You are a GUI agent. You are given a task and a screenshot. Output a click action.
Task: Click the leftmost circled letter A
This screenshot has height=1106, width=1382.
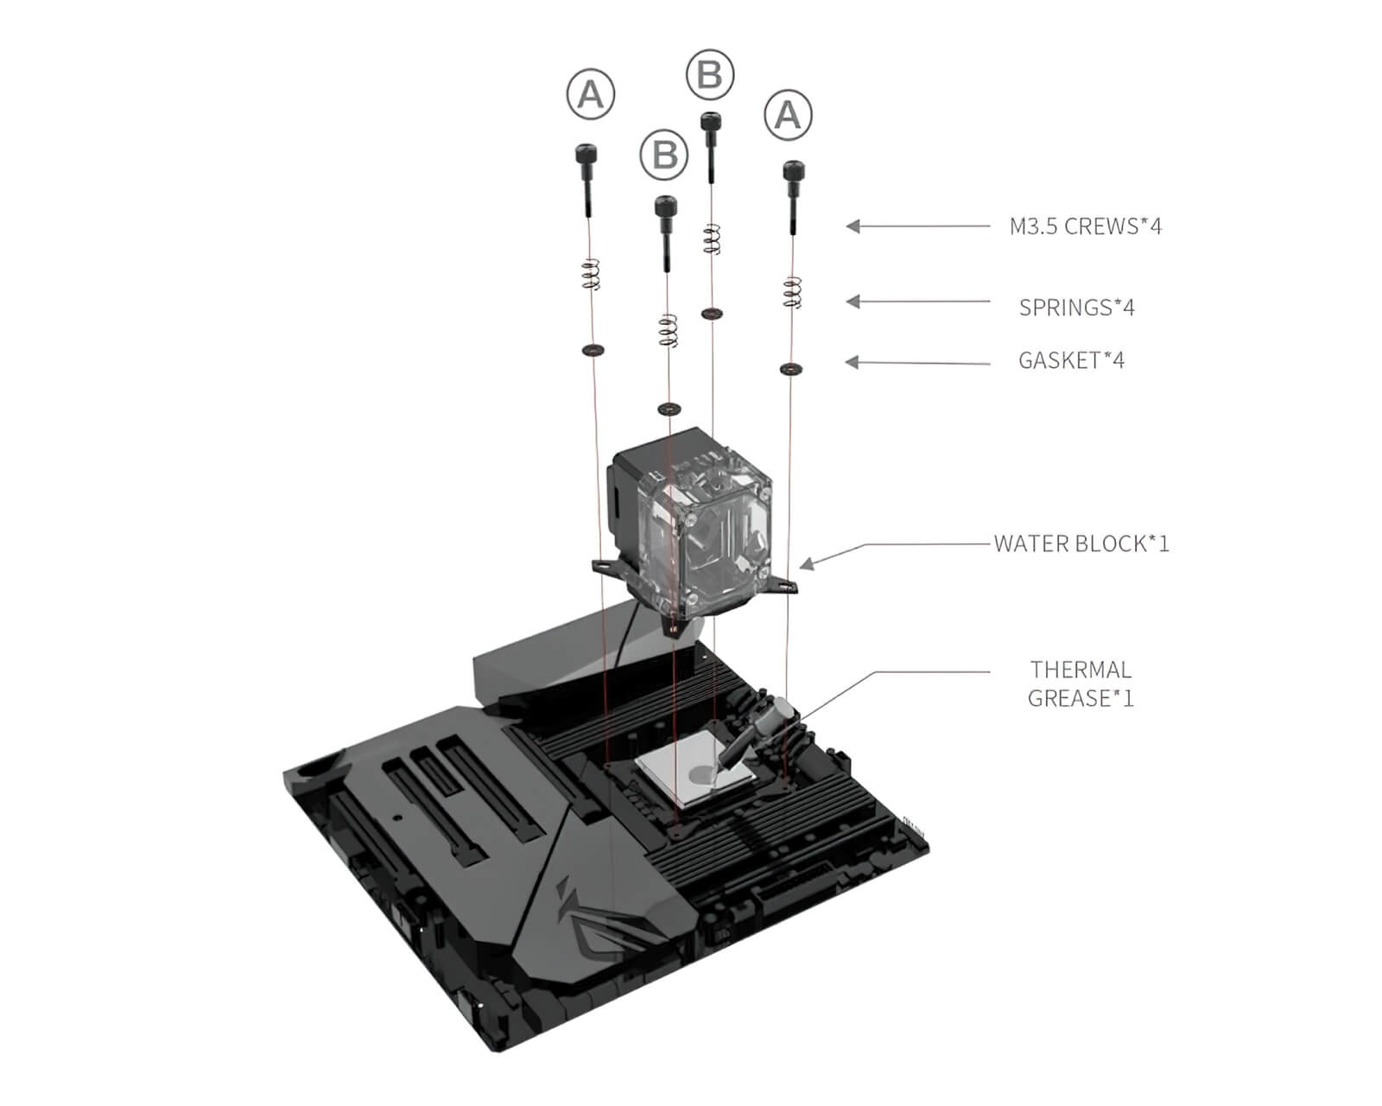591,93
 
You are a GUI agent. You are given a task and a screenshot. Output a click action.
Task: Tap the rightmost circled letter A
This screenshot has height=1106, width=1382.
788,114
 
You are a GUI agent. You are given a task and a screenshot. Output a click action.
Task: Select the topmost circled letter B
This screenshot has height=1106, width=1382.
709,74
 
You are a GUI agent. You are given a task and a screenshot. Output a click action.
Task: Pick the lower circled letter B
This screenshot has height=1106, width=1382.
664,156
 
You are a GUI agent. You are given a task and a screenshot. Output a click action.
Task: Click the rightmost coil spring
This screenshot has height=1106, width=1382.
792,292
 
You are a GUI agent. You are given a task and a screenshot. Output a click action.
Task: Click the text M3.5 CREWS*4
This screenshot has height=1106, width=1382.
1086,226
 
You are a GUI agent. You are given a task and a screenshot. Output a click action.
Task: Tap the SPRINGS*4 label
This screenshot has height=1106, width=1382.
1076,307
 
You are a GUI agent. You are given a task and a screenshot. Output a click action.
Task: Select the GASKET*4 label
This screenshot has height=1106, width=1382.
1071,360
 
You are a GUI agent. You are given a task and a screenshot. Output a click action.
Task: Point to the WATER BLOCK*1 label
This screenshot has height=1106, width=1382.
1081,543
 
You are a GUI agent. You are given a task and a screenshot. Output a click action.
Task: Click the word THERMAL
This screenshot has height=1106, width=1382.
1081,670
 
